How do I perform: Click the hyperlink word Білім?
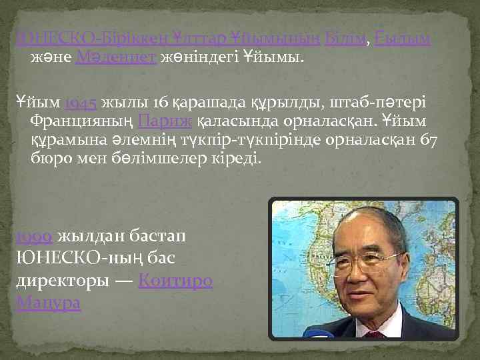(x=345, y=39)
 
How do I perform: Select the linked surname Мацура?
(x=48, y=303)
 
